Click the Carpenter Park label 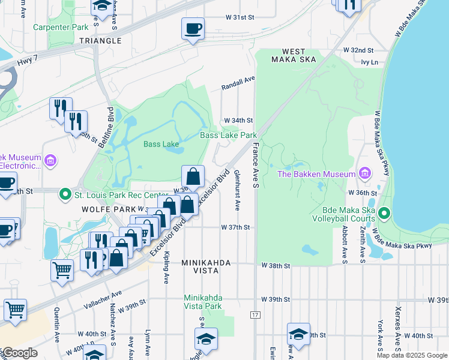coord(61,27)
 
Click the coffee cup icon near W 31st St coord(193,29)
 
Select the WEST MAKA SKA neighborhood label coord(288,55)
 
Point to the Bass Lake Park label coord(228,136)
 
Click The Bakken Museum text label coord(316,174)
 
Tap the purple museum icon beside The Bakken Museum coord(364,174)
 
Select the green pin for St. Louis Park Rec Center coord(65,195)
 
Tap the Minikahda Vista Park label coord(202,302)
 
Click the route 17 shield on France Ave coord(255,314)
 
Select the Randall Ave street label coord(238,82)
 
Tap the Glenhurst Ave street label coord(237,190)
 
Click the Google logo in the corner coord(19,353)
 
